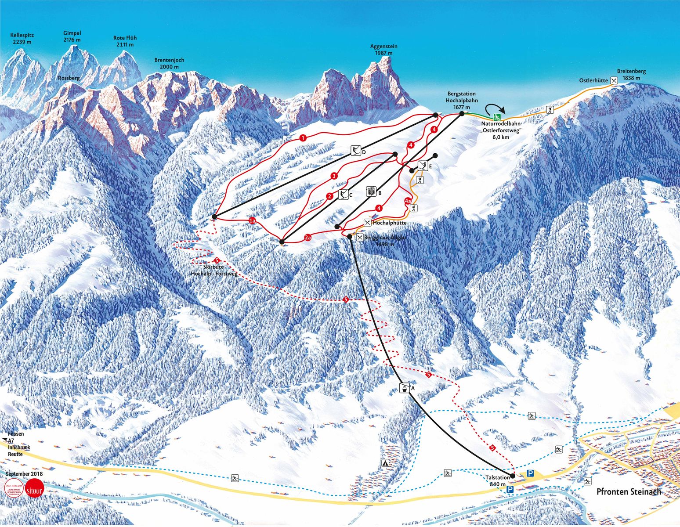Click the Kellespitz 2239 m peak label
point(22,39)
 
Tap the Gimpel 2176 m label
point(72,36)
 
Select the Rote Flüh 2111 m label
point(125,41)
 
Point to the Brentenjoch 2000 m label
point(169,63)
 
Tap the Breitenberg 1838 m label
point(631,74)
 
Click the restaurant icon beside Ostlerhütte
point(614,80)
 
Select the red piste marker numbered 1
point(303,138)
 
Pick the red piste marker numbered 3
point(334,176)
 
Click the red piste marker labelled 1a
point(252,220)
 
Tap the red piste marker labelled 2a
point(308,238)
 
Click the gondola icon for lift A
point(402,388)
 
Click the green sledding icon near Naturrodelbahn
point(497,117)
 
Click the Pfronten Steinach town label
point(629,491)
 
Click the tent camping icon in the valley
point(385,463)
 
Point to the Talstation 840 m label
point(498,480)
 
